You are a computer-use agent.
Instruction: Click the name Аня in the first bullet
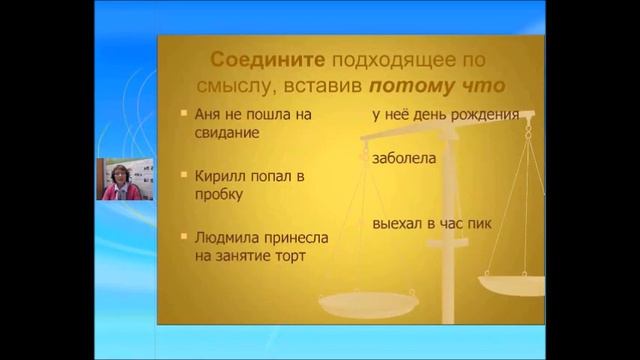[207, 114]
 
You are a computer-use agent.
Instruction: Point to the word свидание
[227, 132]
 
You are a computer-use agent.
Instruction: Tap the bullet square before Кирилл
[184, 175]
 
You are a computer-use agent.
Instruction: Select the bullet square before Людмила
[184, 237]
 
